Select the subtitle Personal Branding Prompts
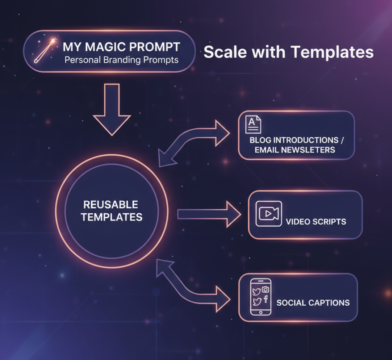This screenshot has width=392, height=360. (x=121, y=60)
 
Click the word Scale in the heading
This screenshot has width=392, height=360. (x=224, y=52)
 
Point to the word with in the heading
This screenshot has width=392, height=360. (x=268, y=52)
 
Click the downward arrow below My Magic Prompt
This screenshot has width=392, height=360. (x=112, y=110)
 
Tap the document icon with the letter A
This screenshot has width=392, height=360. (x=253, y=124)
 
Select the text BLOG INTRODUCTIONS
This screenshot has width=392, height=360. (x=294, y=140)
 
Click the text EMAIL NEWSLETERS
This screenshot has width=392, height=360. (x=295, y=150)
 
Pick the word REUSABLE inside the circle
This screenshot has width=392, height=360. (x=110, y=205)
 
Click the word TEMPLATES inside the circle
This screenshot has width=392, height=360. (x=112, y=217)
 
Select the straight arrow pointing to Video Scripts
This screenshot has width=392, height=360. (x=209, y=214)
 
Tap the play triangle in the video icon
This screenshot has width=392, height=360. (x=268, y=213)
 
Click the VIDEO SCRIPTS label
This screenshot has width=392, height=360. (x=316, y=222)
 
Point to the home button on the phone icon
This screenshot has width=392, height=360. (x=261, y=312)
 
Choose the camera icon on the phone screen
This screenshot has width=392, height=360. (x=266, y=289)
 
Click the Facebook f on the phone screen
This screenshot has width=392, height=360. (x=266, y=299)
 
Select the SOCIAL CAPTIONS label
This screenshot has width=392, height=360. (x=313, y=303)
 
